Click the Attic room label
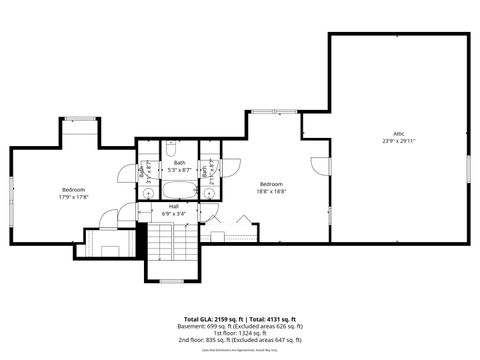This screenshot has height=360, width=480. (x=398, y=133)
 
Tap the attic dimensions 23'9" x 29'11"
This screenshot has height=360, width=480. (x=398, y=141)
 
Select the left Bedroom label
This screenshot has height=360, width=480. (x=74, y=190)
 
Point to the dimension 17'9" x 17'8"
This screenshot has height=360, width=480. (x=74, y=198)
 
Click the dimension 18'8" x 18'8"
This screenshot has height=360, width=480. (x=272, y=191)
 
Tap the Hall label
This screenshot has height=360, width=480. (x=174, y=206)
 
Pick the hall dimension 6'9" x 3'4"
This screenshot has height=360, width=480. (x=174, y=214)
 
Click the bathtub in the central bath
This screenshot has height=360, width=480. (x=180, y=190)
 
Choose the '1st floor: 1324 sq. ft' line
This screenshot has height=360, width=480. (x=239, y=332)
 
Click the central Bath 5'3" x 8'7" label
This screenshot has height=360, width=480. (x=180, y=166)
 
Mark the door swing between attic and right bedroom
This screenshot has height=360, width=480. (x=320, y=165)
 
